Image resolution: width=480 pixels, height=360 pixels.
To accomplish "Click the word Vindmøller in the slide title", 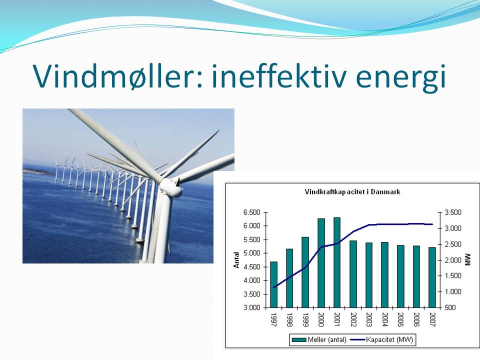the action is click(117, 76).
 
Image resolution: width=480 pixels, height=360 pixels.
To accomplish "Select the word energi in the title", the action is click(400, 78).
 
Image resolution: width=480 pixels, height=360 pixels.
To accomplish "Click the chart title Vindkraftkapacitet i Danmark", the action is click(352, 192).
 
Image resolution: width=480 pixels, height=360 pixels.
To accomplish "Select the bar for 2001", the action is click(336, 262).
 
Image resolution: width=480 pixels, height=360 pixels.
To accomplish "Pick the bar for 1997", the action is click(273, 284).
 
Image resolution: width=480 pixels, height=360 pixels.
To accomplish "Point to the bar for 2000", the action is click(321, 263).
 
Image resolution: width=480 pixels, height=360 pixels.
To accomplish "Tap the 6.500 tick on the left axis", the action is click(251, 212).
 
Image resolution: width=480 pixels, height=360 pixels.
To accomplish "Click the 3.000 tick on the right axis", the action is click(453, 228).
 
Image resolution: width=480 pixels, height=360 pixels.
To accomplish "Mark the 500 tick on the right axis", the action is click(450, 307).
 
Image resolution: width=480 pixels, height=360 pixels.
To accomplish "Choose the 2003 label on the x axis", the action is click(368, 319).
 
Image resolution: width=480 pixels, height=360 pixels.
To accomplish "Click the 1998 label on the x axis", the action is click(289, 319).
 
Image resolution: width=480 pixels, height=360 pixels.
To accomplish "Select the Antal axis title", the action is click(236, 260).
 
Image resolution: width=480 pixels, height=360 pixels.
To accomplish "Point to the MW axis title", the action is click(467, 259).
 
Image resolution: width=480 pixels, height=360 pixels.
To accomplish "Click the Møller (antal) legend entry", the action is click(319, 339).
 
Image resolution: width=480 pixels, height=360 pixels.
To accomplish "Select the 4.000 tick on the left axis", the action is click(251, 280).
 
